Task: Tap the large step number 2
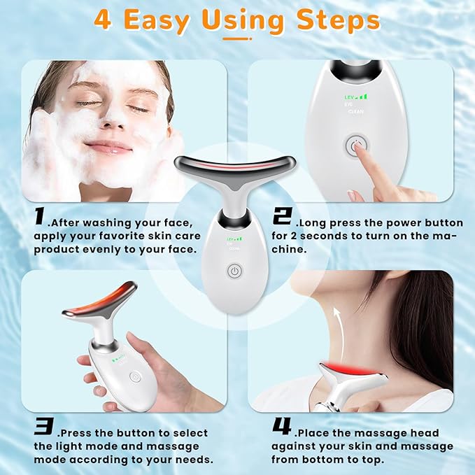(282, 217)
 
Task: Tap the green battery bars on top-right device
(360, 96)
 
